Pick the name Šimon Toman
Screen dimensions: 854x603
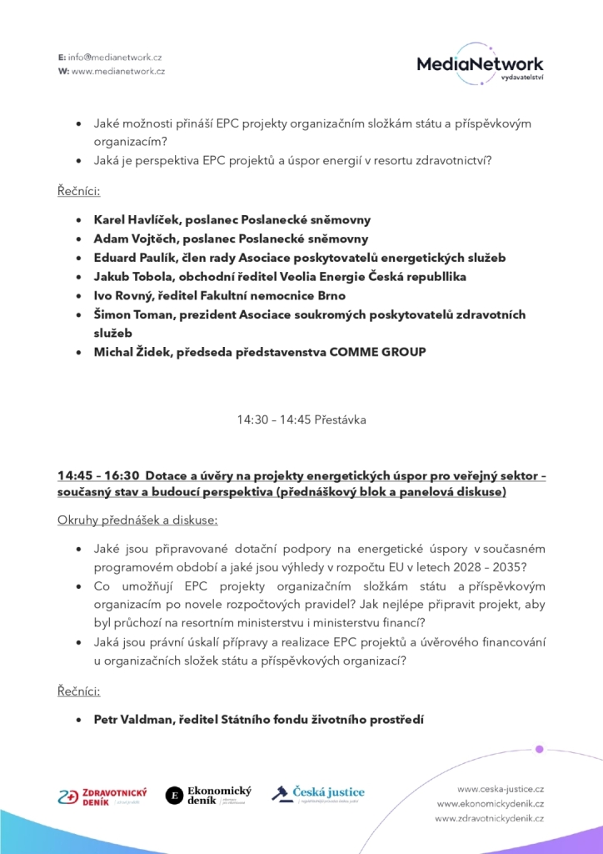pyautogui.click(x=133, y=314)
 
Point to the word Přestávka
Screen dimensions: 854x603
pyautogui.click(x=341, y=419)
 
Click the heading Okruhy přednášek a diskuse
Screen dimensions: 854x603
pyautogui.click(x=137, y=520)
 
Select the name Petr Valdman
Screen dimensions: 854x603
pyautogui.click(x=132, y=717)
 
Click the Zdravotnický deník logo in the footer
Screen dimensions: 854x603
pyautogui.click(x=102, y=795)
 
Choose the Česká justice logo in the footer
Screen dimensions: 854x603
pyautogui.click(x=318, y=793)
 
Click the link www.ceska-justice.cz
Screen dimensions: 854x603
pyautogui.click(x=501, y=788)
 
